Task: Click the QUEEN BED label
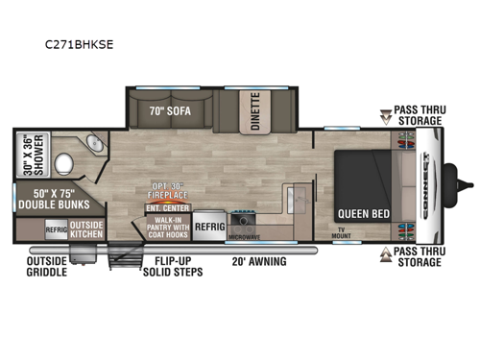(x=361, y=212)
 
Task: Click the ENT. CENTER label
(x=166, y=206)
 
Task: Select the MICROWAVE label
(x=247, y=236)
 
